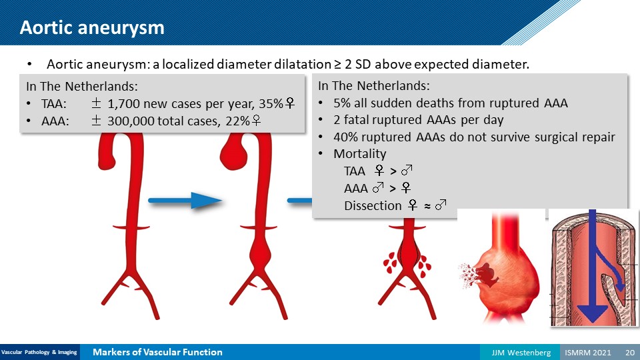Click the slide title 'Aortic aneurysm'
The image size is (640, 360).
[92, 28]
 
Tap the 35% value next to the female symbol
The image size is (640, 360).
[271, 104]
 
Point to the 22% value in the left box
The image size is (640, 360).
[237, 121]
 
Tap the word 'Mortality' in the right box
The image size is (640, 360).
[359, 154]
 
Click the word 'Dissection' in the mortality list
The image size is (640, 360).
[373, 206]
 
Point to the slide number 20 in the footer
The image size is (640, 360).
[630, 352]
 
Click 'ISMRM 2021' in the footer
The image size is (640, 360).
[588, 352]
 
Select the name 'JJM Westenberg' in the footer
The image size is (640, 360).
[521, 352]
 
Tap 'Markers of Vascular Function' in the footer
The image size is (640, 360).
[157, 352]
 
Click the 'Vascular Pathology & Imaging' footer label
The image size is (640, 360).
[39, 352]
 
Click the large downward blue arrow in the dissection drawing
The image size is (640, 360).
[592, 266]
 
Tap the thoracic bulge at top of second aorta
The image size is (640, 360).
[233, 154]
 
